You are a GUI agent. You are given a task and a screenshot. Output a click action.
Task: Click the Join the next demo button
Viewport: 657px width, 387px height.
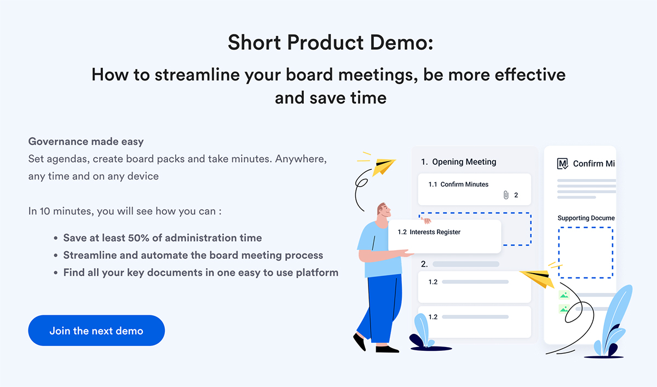(x=96, y=331)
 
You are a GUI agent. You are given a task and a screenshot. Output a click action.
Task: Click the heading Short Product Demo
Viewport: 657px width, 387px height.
(x=330, y=42)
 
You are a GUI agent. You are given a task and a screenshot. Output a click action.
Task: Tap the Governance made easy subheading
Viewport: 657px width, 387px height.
(x=86, y=141)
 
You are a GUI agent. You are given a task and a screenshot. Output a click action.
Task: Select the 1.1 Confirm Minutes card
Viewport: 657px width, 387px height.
(x=474, y=189)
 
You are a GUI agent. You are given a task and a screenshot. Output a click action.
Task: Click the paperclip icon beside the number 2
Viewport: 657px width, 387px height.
(x=506, y=195)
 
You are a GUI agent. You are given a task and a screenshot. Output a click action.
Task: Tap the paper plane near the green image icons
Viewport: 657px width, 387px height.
(x=538, y=278)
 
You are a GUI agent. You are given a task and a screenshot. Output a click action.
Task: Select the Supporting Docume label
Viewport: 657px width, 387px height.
(x=586, y=218)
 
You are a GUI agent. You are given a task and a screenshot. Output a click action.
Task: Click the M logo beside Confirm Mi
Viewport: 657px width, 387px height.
(x=562, y=164)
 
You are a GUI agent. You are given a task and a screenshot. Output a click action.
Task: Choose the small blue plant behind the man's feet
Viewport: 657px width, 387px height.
(x=422, y=331)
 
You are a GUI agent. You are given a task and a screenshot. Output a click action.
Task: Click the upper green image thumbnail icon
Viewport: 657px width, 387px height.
(x=564, y=295)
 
